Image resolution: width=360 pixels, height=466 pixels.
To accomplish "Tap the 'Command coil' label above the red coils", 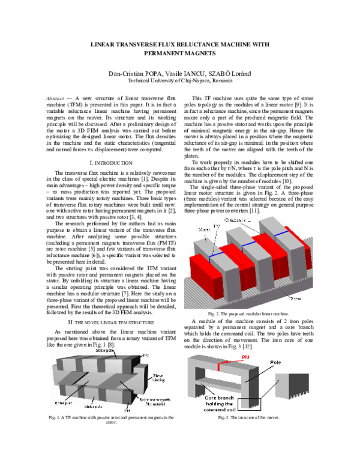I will point(238,220).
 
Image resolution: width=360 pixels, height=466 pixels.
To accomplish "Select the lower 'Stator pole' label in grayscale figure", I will point(95,406).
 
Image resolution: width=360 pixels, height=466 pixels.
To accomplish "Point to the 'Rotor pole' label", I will point(62,403).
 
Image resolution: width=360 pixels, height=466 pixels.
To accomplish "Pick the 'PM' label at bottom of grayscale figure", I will point(127,411).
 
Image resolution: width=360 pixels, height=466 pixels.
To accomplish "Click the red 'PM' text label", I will point(245,357).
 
